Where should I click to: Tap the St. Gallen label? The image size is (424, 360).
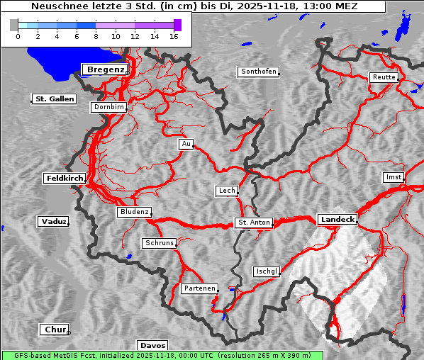tap(54, 99)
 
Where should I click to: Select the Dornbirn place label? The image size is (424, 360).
tap(109, 108)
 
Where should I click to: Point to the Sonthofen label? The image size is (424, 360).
tap(258, 72)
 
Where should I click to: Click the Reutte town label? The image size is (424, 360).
tap(382, 77)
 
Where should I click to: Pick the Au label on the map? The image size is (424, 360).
tap(186, 145)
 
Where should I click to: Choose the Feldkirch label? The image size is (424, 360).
tap(65, 179)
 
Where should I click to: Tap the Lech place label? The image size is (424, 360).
tap(226, 191)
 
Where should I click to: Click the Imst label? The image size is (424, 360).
tap(392, 176)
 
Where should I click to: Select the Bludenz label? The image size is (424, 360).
tap(134, 212)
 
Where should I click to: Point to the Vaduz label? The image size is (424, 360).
tap(53, 222)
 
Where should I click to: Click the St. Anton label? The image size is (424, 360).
tap(253, 223)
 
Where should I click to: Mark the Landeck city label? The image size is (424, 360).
tap(337, 220)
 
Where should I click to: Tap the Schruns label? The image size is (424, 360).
tap(159, 243)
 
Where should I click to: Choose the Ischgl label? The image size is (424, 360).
tap(267, 271)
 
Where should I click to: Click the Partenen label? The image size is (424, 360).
tap(199, 288)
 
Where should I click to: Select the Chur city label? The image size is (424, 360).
tap(54, 330)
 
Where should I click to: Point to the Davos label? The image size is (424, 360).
tap(152, 345)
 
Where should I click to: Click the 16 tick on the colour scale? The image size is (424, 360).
tap(174, 35)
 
